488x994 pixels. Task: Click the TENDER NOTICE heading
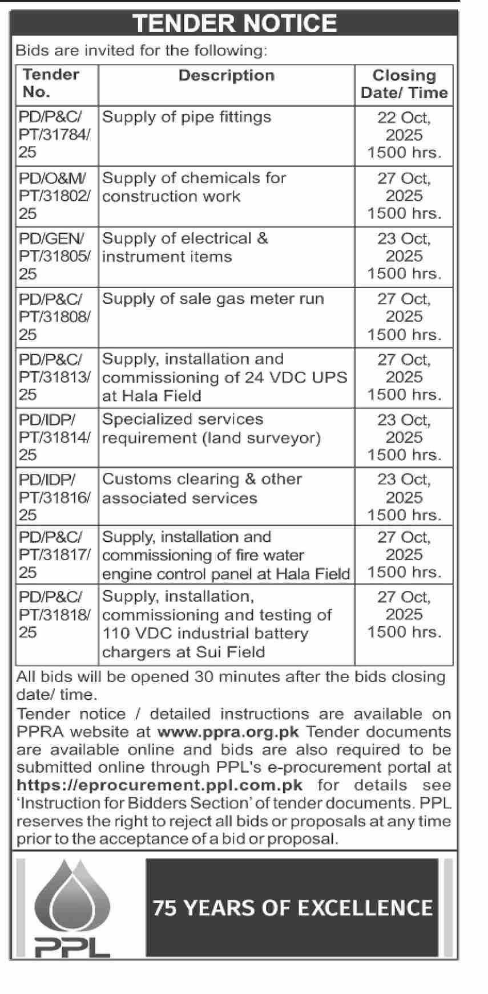(x=235, y=23)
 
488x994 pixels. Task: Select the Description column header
(x=226, y=76)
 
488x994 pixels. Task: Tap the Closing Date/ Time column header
(x=404, y=84)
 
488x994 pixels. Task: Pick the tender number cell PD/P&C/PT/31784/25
(x=54, y=135)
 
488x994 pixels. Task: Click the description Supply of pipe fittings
(x=186, y=117)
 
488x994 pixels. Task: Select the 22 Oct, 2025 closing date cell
(x=404, y=135)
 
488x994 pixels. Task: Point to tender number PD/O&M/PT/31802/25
(x=54, y=196)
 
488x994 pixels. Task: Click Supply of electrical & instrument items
(x=184, y=247)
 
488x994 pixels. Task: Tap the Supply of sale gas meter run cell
(x=212, y=299)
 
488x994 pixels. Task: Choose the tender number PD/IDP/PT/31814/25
(x=54, y=437)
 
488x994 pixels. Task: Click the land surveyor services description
(x=211, y=428)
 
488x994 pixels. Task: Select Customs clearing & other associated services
(x=201, y=488)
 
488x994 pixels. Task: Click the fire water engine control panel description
(x=225, y=555)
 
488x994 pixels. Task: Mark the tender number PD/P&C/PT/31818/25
(x=54, y=614)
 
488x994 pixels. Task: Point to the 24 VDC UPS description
(x=224, y=377)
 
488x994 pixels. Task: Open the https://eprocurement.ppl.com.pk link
(x=159, y=785)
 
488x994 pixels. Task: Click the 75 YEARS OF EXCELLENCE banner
(x=292, y=908)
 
